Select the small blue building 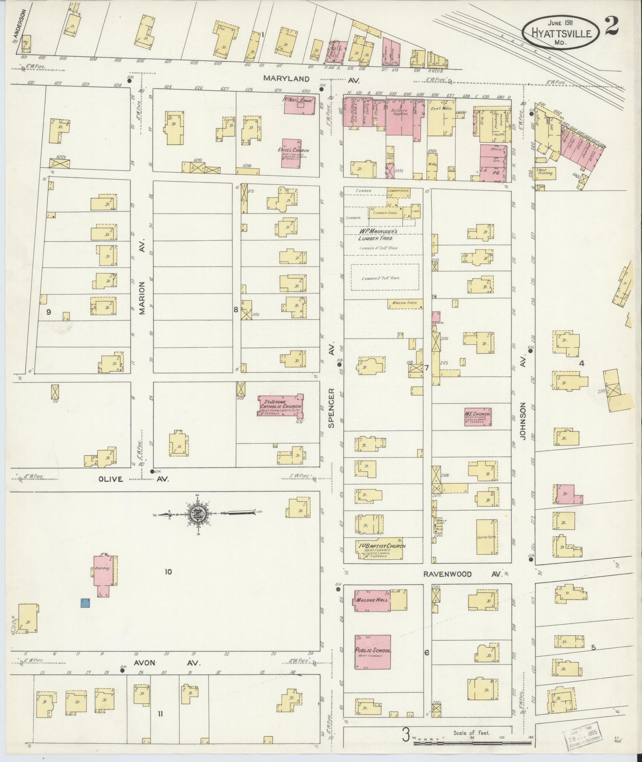[85, 614]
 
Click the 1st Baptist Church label [380, 546]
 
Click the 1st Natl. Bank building [300, 105]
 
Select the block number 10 [168, 572]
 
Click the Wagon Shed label [404, 303]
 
